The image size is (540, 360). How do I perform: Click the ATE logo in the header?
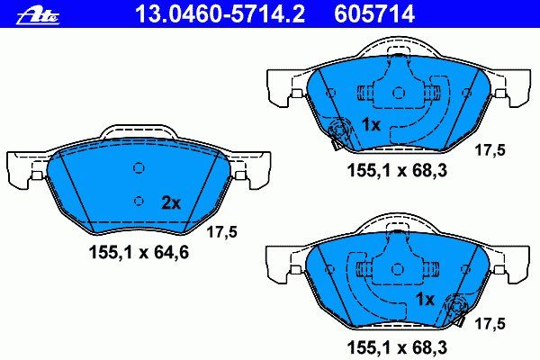point(38,15)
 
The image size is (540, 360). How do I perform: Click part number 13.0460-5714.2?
point(220,13)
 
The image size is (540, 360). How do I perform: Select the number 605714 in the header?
point(374,13)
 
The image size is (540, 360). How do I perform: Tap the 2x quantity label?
point(171,203)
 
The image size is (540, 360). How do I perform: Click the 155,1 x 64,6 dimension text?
point(139,253)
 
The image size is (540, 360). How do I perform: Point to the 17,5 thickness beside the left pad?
point(221,232)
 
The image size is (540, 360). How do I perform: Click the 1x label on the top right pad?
point(371,124)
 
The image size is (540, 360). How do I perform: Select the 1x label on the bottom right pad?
point(426,300)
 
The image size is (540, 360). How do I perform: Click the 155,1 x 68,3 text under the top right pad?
point(397,170)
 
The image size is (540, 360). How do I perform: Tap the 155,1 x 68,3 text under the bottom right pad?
point(397,347)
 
